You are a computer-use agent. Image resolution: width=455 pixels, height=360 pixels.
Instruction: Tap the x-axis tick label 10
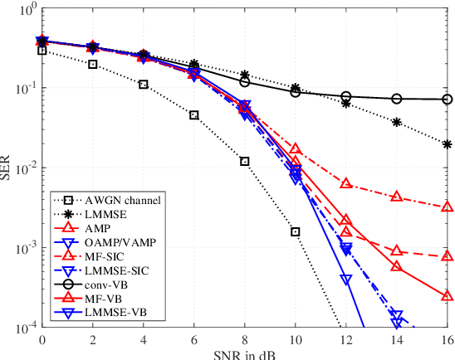coord(295,338)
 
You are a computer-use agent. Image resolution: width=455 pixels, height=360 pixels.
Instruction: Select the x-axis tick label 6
coord(194,338)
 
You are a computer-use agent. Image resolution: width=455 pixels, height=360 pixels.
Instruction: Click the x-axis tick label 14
coord(396,338)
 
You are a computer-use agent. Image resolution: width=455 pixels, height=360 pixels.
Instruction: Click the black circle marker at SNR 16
coord(448,100)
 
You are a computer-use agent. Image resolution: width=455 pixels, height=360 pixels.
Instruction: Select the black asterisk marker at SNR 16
coord(448,144)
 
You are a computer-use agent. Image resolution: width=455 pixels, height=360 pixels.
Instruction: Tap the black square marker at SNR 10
coord(296,231)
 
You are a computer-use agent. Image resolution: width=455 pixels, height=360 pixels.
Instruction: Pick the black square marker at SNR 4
coord(144,85)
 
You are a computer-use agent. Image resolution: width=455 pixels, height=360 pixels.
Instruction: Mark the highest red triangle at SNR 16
coord(448,207)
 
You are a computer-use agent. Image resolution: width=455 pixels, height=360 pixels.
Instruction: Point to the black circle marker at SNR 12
coord(346,96)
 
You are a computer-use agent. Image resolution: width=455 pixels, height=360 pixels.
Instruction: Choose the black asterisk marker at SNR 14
coord(397,122)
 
